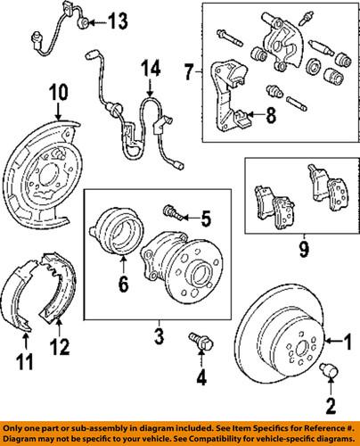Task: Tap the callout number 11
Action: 24,364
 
